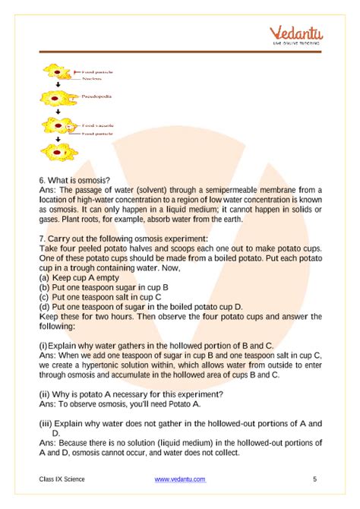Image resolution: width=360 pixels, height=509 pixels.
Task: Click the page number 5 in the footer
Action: click(314, 479)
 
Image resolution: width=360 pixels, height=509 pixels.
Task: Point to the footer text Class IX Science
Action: click(62, 479)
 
